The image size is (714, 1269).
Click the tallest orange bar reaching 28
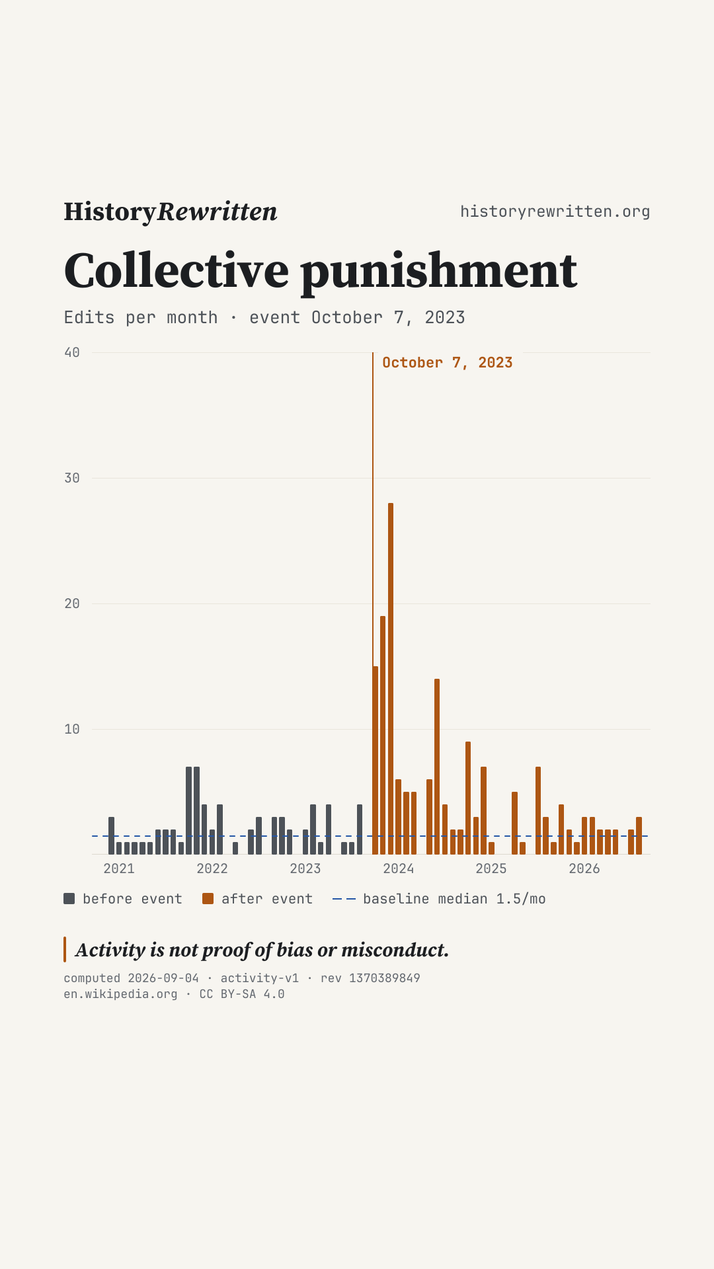pos(391,679)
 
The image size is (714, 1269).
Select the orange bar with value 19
pos(383,735)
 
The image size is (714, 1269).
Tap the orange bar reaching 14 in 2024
pos(437,767)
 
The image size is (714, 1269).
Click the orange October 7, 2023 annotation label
pos(448,363)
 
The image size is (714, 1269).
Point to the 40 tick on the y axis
pos(72,352)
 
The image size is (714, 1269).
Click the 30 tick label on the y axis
pos(72,478)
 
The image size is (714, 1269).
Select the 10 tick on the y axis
pos(72,729)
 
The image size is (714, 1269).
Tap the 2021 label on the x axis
pos(119,868)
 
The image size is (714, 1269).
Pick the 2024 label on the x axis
pos(399,868)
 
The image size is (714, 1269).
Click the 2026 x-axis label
pos(584,868)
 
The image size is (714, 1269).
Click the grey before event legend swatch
pos(69,898)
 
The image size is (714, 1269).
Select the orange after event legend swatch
pos(208,898)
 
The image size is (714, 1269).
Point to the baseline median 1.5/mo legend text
pos(454,899)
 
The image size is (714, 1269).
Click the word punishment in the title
pos(439,271)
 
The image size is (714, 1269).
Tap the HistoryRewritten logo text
pos(171,212)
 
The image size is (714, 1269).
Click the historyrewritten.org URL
pos(555,211)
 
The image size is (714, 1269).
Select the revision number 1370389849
pos(385,978)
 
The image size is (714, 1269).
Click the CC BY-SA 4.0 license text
pos(242,994)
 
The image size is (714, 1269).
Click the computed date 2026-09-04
pos(163,978)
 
